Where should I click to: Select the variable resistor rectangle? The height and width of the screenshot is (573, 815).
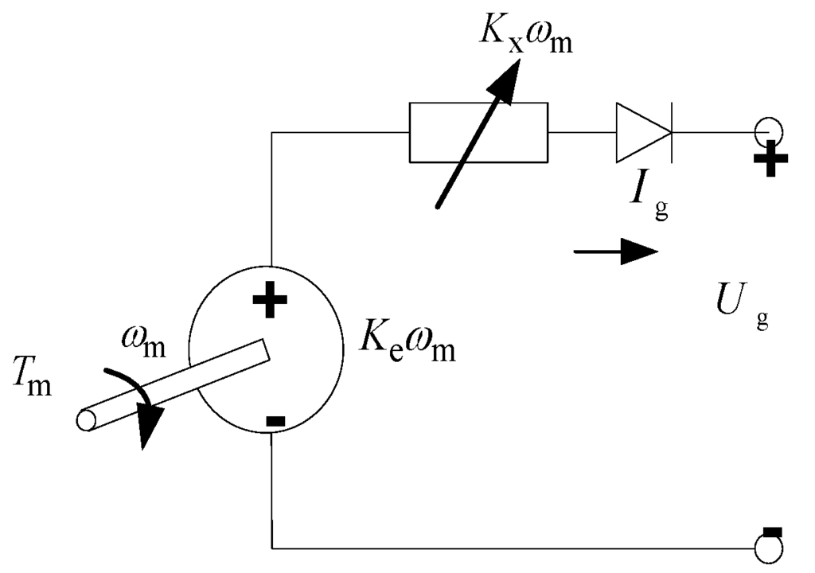[478, 132]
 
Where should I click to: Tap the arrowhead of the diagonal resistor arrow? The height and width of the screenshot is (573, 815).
[506, 76]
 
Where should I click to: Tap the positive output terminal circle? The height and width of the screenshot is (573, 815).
[770, 131]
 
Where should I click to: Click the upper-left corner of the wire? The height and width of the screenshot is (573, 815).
[272, 133]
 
